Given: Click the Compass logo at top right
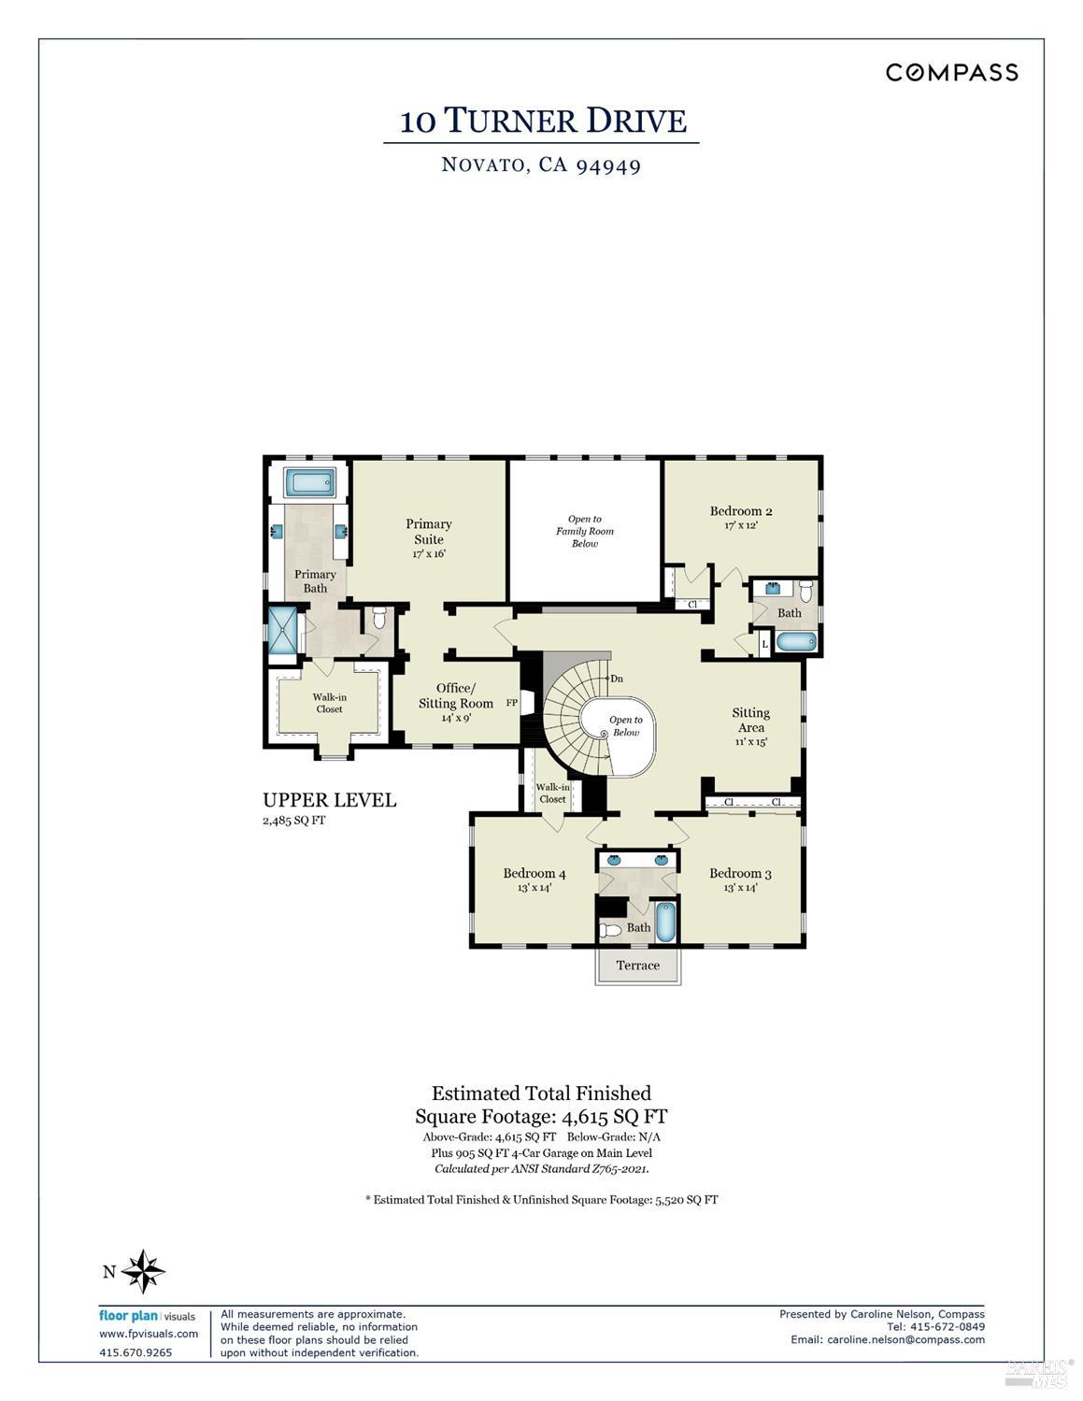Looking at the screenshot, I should [951, 73].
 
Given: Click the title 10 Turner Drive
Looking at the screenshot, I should [543, 122].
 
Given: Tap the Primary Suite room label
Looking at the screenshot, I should [429, 531].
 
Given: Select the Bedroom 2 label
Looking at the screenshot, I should [741, 511].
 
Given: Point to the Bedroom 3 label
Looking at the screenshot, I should [740, 874].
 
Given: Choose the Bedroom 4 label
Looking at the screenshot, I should [534, 874].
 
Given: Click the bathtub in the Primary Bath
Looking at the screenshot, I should [308, 483].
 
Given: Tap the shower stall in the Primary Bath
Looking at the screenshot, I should [282, 632].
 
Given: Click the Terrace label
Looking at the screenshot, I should [638, 965].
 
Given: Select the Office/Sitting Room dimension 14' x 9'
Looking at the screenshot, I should [456, 719].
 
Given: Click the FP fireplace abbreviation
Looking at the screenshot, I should [512, 703].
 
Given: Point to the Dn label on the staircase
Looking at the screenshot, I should [616, 679].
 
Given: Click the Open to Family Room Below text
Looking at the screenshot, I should [585, 531].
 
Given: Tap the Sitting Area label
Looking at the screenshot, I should [750, 720].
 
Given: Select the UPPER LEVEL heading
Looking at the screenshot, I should [329, 800].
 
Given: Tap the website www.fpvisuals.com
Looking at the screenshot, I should [149, 1334].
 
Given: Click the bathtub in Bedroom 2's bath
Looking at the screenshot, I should [796, 642].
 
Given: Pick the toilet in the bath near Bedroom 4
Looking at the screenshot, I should [611, 930].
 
